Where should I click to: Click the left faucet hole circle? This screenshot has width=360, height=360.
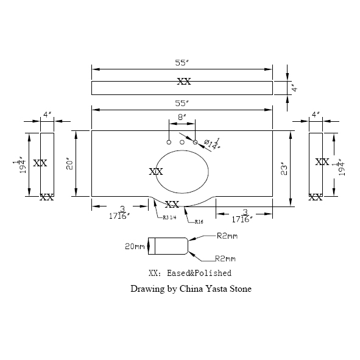tap(169, 142)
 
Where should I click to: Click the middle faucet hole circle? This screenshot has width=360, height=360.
tap(182, 142)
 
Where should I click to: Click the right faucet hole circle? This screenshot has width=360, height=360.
tap(196, 142)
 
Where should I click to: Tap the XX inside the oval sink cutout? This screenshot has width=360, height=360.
tap(156, 172)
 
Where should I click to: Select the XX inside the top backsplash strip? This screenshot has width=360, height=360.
tap(183, 81)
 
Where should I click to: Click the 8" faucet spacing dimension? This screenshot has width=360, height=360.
tap(182, 116)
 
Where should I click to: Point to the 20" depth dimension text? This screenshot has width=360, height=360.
tap(70, 164)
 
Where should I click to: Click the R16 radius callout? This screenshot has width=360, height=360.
tap(199, 222)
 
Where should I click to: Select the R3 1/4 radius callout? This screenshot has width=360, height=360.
tap(170, 217)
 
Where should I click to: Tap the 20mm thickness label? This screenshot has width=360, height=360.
tap(134, 247)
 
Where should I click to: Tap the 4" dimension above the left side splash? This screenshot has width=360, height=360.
tap(46, 114)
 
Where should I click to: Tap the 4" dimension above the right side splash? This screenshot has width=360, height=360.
tap(315, 114)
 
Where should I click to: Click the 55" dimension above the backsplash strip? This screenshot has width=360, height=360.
tap(182, 63)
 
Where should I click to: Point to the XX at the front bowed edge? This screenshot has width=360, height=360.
tap(172, 204)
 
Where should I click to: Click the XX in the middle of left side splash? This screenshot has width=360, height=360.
tap(40, 163)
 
